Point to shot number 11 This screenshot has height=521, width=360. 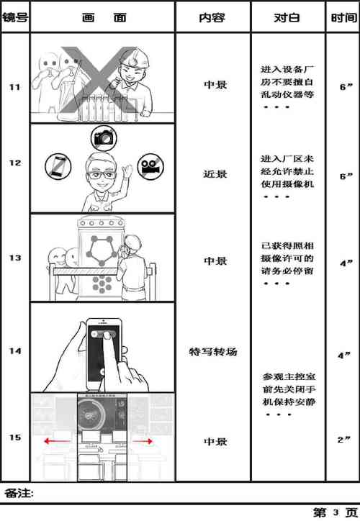[14, 88]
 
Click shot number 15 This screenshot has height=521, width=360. [14, 438]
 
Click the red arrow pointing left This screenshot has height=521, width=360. [55, 440]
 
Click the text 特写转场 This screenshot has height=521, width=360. [213, 352]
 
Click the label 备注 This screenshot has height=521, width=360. [19, 493]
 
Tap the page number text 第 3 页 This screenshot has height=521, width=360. [332, 512]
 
